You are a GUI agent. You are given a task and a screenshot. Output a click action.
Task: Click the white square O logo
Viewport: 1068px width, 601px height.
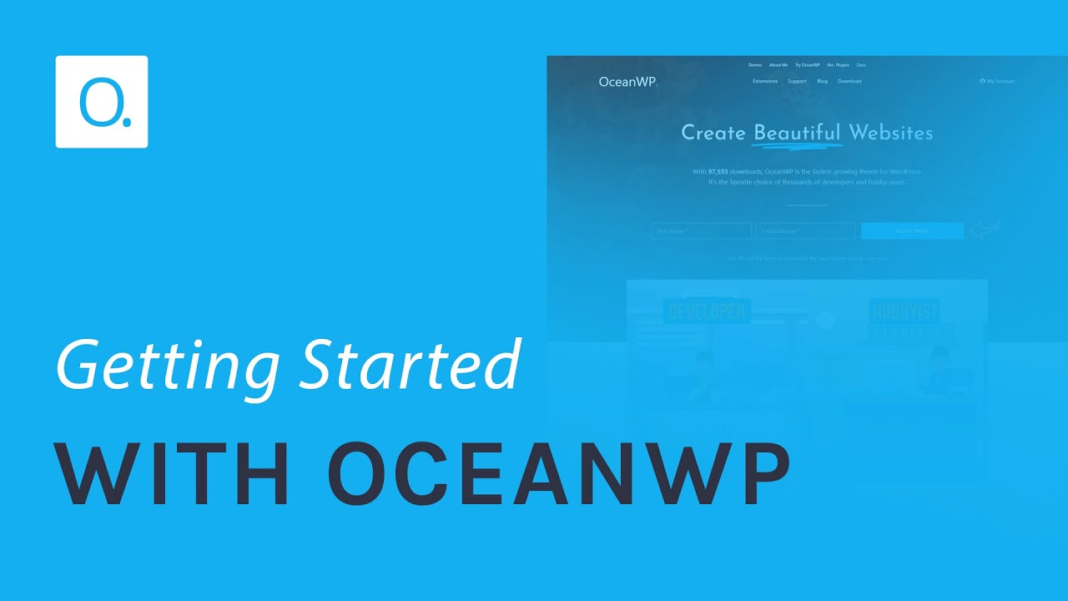click(x=102, y=102)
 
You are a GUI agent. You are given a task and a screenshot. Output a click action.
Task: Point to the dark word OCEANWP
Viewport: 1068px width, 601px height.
click(x=559, y=474)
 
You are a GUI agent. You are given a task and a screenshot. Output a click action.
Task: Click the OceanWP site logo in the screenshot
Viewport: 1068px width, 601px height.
click(x=627, y=82)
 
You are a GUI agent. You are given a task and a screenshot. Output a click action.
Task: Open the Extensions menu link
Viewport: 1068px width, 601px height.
click(x=765, y=82)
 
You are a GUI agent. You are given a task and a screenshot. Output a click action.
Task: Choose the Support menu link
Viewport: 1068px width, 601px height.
click(x=797, y=82)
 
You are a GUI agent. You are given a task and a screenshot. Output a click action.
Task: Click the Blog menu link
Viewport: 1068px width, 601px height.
click(x=823, y=82)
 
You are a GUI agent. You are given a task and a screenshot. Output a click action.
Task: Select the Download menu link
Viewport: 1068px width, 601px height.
click(x=849, y=82)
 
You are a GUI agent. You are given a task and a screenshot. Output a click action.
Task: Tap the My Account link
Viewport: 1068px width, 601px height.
click(x=998, y=82)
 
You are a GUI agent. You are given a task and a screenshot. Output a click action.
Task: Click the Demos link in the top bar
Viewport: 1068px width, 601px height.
click(x=755, y=65)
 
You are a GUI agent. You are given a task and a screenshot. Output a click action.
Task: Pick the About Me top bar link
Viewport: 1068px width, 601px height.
click(x=778, y=65)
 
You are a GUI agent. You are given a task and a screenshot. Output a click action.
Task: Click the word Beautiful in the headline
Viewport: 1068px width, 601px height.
click(x=797, y=133)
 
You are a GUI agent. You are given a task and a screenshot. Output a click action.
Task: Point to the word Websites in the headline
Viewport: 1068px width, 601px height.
click(x=891, y=133)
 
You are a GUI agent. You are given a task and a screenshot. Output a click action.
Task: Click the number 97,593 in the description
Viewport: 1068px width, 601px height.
click(x=718, y=172)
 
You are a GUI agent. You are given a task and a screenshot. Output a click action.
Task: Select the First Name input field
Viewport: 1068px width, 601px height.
click(x=701, y=231)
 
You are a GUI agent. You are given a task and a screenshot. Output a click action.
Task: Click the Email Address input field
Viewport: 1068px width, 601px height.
click(x=806, y=231)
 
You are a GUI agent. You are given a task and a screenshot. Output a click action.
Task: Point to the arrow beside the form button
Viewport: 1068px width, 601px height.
click(x=985, y=230)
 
